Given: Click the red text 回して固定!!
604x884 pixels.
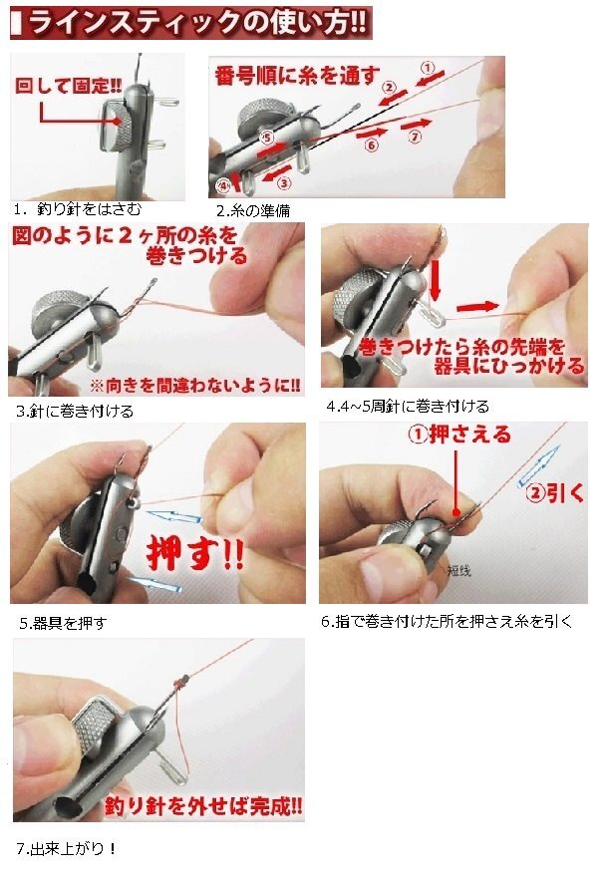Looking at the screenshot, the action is pos(68,86).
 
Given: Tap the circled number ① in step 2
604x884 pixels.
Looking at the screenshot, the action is pos(429,69).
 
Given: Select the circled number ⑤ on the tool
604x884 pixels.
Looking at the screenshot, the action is pos(267,137).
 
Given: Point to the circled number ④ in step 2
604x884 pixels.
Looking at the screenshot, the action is pos(223,185).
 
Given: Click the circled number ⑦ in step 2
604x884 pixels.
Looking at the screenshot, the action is pos(416,137).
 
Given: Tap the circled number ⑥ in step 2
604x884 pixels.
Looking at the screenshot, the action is pos(371,146).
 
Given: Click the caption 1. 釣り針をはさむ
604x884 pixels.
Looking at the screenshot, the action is pos(78,209).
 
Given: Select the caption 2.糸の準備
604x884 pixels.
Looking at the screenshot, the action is pos(253,211).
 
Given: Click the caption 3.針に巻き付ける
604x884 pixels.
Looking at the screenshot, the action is pos(75,411).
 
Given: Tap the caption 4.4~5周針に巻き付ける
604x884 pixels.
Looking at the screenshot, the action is pos(408,406).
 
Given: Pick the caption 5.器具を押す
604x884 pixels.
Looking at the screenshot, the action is pos(63,623).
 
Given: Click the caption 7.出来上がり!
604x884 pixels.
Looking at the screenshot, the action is pos(67,848).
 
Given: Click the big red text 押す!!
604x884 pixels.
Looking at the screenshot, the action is pos(195,552).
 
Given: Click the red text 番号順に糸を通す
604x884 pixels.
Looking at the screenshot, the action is pos(297,76).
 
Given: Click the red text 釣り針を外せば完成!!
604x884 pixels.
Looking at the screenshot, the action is pos(203,805).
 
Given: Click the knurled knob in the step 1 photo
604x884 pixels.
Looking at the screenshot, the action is pos(122,127).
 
